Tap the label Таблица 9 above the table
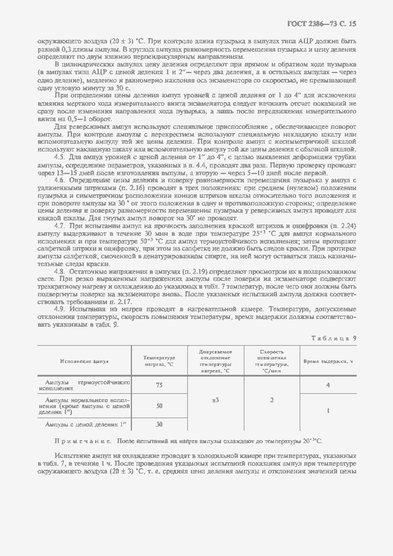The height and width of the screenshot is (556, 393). point(334,337)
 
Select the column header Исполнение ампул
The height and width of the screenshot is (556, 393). point(83,361)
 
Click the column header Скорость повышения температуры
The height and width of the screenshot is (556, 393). point(271,361)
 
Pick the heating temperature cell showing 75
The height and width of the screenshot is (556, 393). point(159,385)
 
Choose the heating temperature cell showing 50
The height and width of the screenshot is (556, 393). point(159,406)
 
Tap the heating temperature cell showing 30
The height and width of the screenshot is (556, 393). point(159,424)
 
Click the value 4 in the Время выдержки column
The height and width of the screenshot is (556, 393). point(328,385)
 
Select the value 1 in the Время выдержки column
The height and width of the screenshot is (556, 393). point(328,410)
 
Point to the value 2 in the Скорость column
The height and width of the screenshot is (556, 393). point(271,400)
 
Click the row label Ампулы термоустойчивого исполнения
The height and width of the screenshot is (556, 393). point(83,385)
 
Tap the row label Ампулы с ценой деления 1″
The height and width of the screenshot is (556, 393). point(87,424)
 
